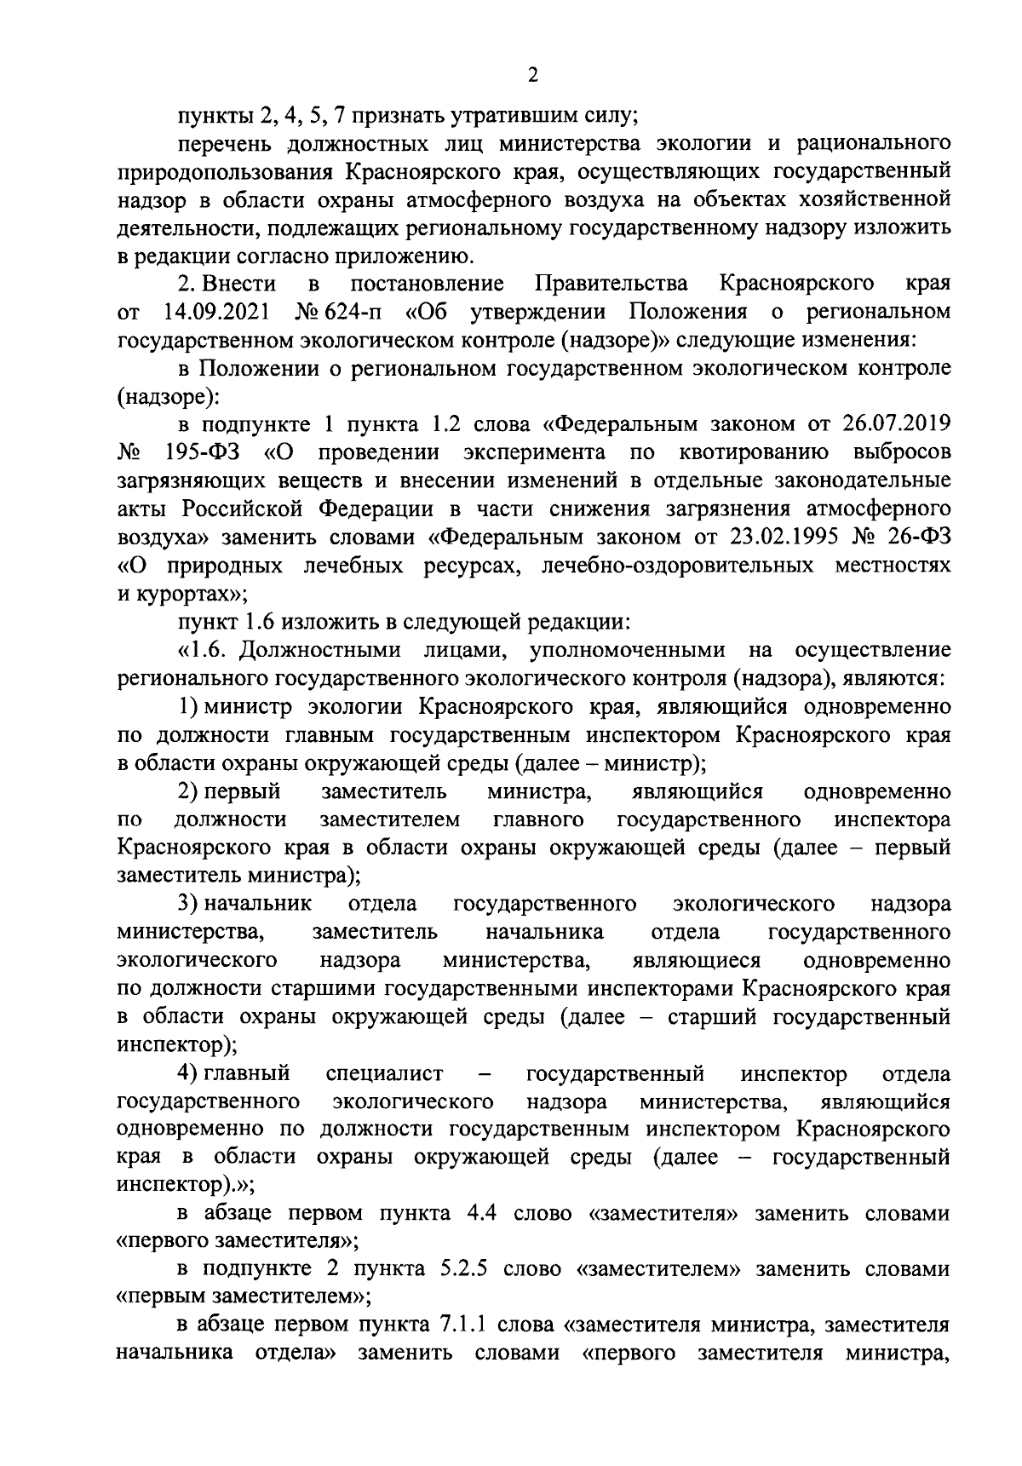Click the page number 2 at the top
pos(532,76)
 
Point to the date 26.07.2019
pos(898,423)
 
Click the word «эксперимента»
pos(535,451)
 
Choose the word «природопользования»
pos(225,170)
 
